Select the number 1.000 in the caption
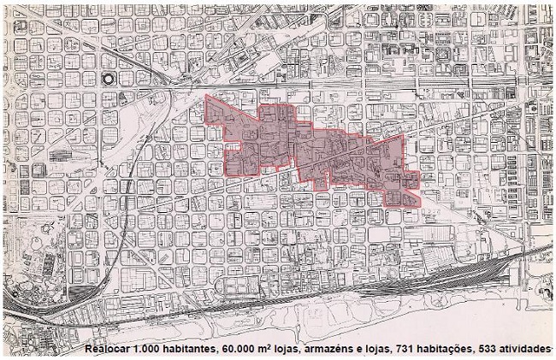[x=157, y=351]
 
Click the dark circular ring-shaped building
[x=109, y=79]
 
